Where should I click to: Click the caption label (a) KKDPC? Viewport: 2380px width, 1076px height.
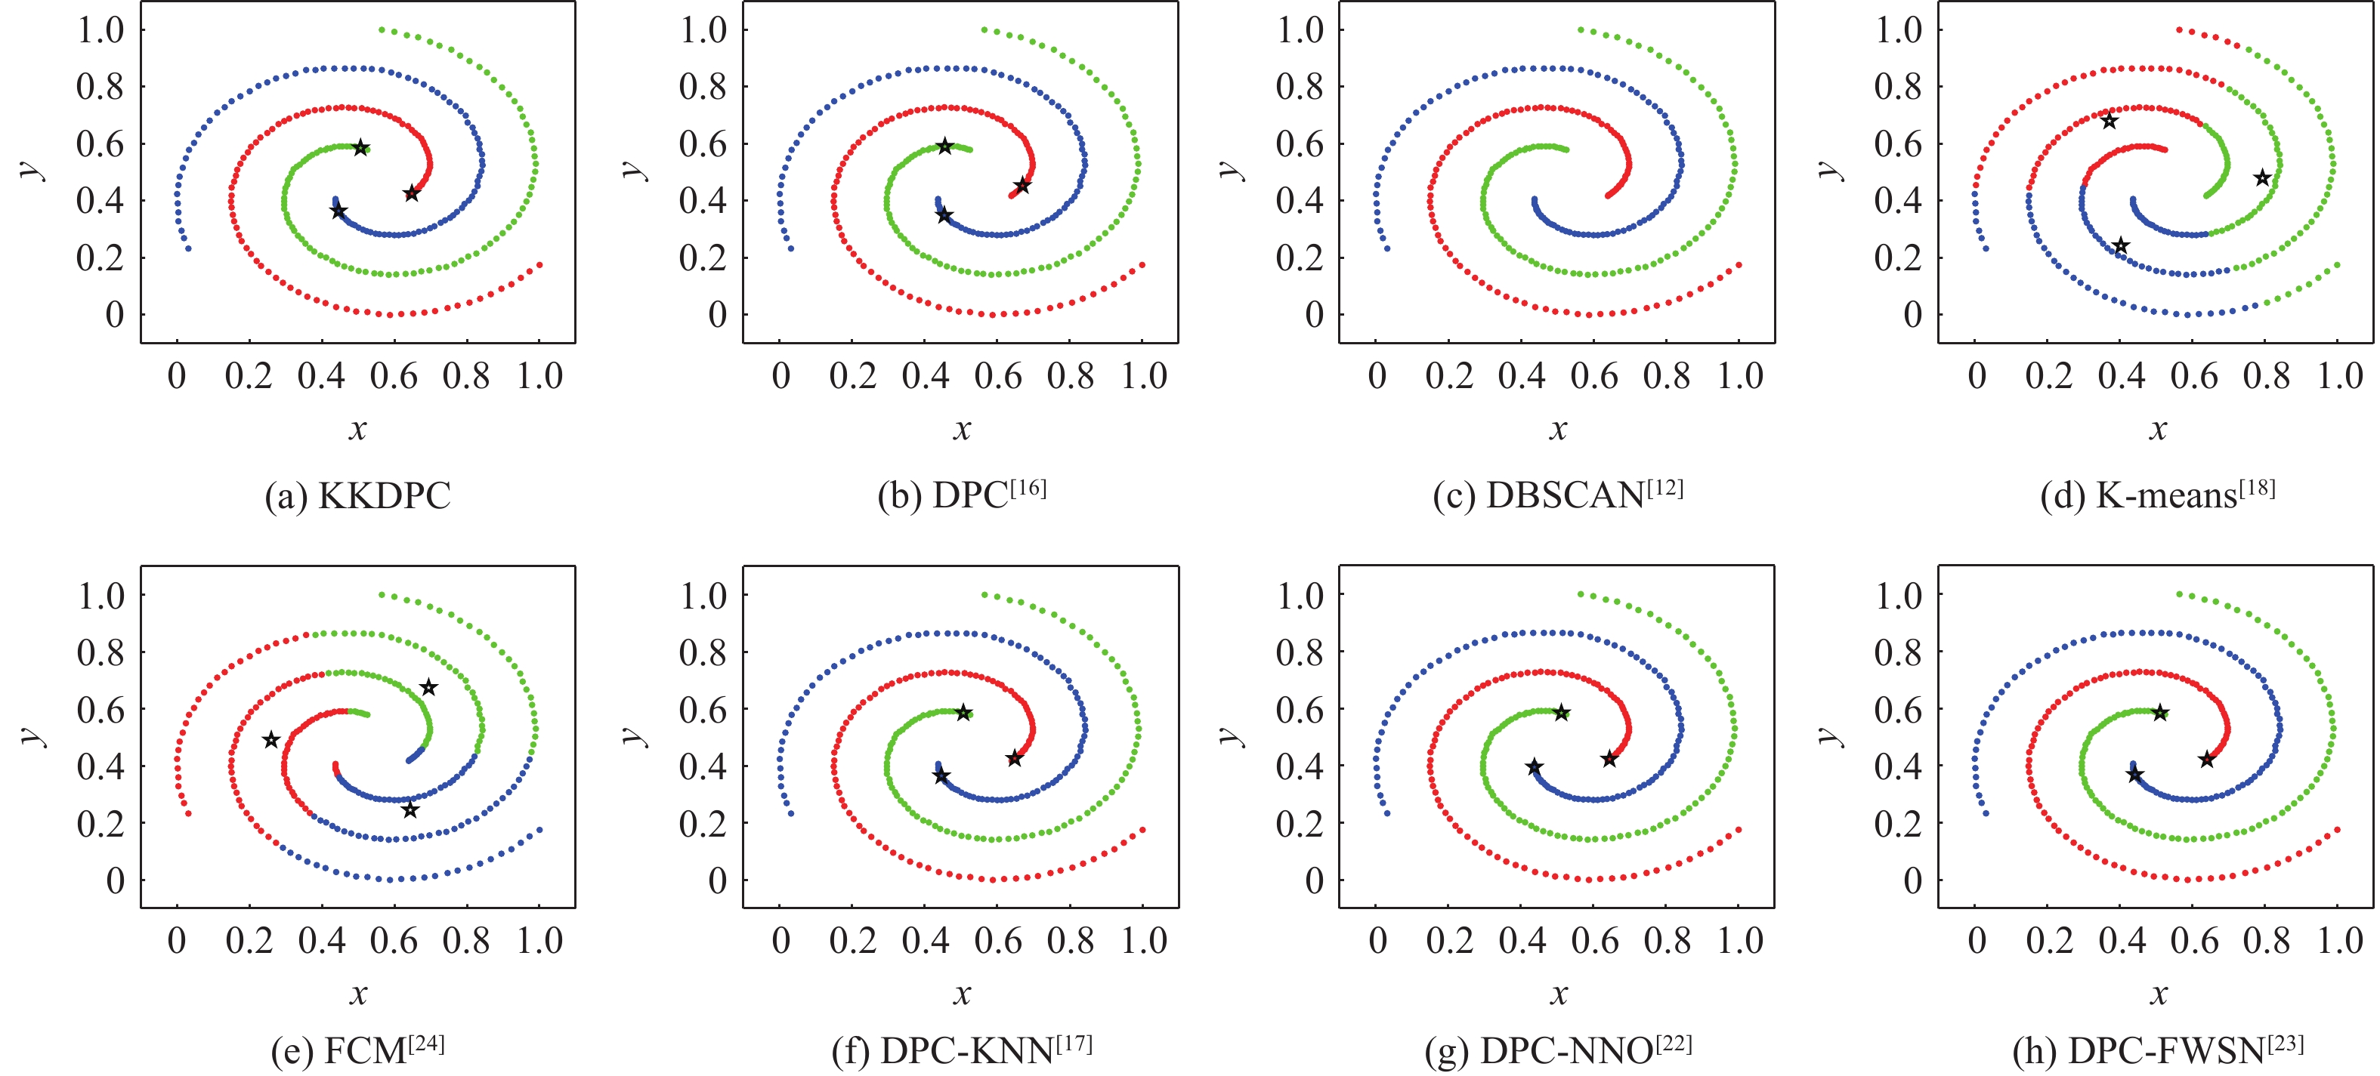point(357,496)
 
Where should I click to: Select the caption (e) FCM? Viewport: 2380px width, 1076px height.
point(357,1050)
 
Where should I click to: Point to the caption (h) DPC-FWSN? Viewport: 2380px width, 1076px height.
point(2157,1050)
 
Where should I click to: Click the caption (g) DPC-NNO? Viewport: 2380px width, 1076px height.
point(1558,1050)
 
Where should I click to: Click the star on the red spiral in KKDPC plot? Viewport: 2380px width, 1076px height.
point(412,193)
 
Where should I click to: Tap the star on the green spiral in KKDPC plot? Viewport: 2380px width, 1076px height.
point(361,148)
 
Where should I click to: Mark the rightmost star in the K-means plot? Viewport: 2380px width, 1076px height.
point(2261,177)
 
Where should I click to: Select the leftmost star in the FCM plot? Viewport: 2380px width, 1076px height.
point(270,740)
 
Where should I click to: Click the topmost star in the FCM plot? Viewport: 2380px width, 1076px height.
point(428,687)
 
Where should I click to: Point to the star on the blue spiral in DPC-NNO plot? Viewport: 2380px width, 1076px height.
point(1534,766)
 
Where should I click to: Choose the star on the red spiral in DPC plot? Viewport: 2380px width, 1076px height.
point(1022,186)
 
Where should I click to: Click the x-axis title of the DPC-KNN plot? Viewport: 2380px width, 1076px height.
point(962,994)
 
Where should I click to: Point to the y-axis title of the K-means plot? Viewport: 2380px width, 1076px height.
point(1828,170)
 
